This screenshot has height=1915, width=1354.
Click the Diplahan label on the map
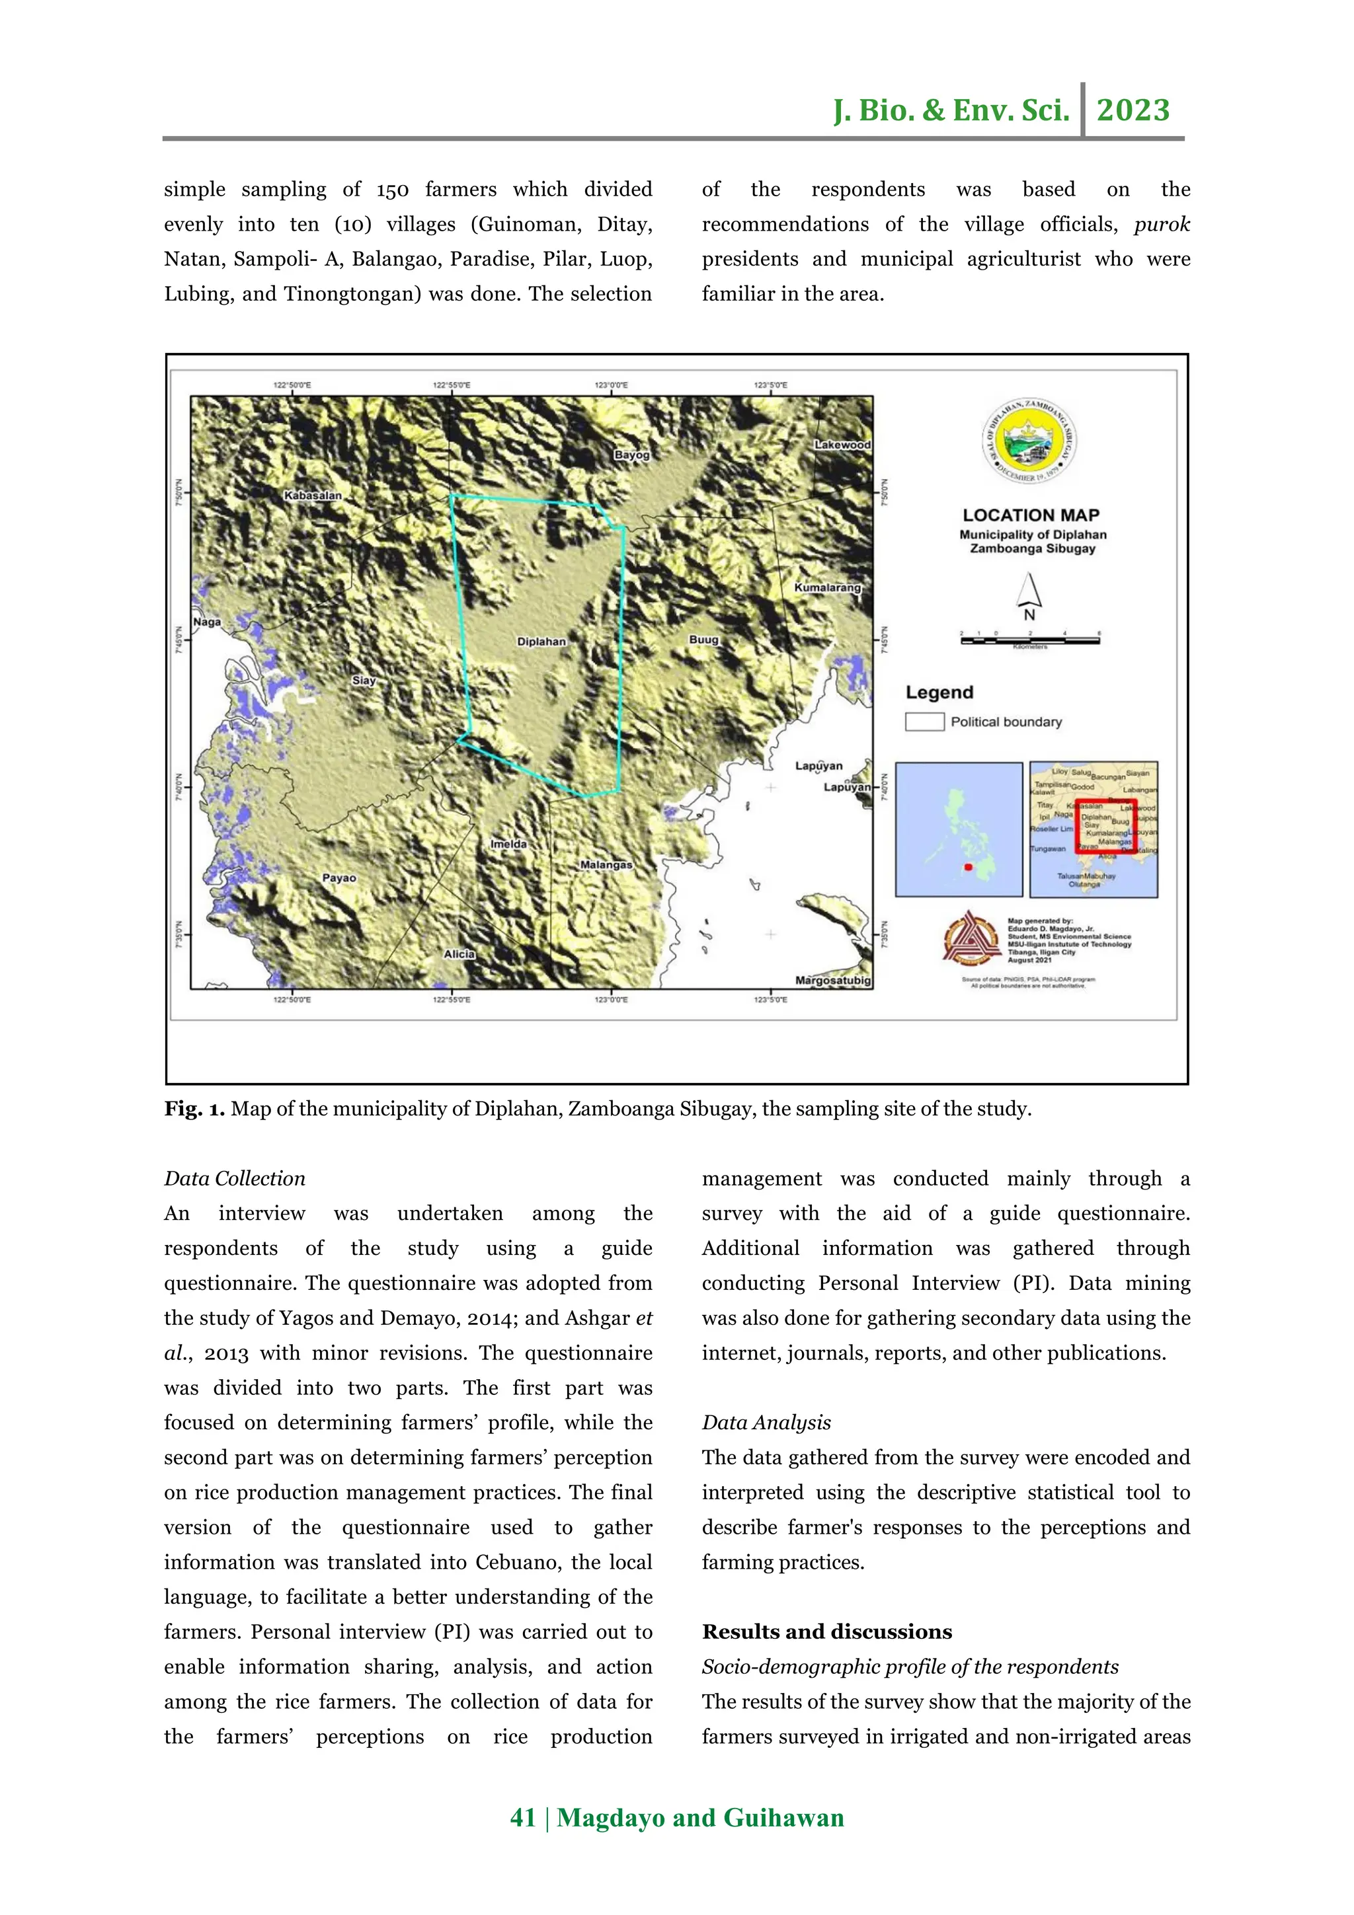tap(541, 642)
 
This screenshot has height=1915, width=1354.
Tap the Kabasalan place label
tap(313, 496)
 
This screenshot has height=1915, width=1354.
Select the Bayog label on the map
tap(631, 455)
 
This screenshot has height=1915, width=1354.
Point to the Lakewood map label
tap(842, 445)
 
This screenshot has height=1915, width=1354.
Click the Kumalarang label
tap(827, 587)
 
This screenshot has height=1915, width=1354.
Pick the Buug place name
tap(703, 640)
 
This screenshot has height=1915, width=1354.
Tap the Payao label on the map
tap(338, 878)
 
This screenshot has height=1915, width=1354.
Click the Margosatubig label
tap(832, 980)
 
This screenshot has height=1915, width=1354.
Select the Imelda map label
tap(508, 844)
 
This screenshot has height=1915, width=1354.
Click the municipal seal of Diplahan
tap(1029, 442)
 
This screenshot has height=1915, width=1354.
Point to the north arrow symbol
tap(1029, 596)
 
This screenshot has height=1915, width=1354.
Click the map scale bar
tap(1029, 640)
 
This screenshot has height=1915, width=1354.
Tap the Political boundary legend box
tap(924, 722)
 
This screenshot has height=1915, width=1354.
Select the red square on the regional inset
tap(1105, 827)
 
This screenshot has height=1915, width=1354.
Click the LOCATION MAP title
tap(1031, 515)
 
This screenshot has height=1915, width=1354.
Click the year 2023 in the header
tap(1133, 110)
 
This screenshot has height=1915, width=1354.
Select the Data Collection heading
tap(235, 1178)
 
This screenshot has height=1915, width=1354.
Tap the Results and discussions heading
tap(827, 1632)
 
